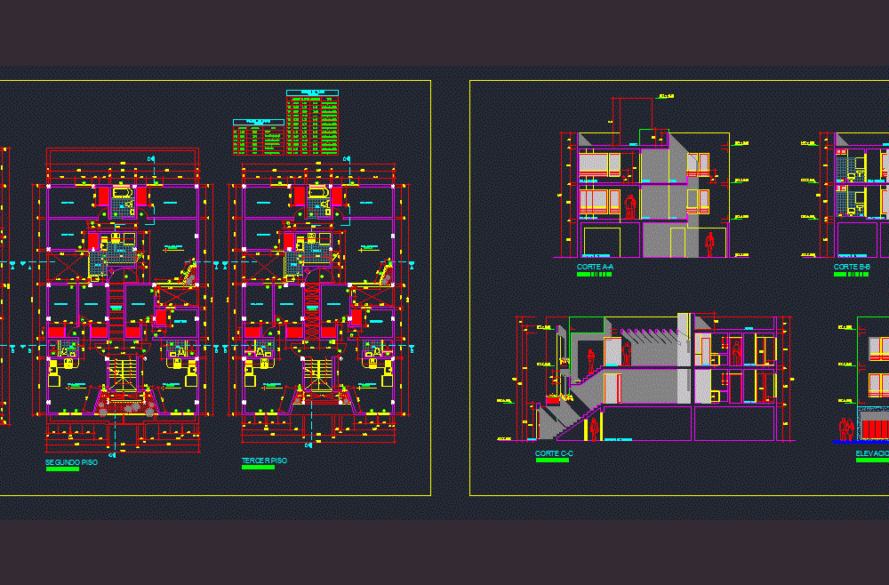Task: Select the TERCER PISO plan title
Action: (x=264, y=461)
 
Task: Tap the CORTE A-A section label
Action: (x=595, y=267)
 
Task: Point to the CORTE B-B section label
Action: (x=852, y=267)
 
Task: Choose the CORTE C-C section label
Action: (x=554, y=453)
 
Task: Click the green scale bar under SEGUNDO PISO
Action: (x=62, y=469)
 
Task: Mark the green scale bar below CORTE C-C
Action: (x=552, y=461)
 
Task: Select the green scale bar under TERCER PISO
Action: (x=258, y=468)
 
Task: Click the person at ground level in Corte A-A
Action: (x=709, y=244)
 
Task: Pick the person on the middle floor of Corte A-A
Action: (x=630, y=206)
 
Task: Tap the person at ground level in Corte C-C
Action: (x=594, y=430)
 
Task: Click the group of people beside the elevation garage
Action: (x=846, y=429)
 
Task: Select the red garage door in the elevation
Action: (x=876, y=429)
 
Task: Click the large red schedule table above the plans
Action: (x=312, y=124)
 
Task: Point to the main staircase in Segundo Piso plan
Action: (x=124, y=377)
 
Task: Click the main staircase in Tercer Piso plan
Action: (x=320, y=377)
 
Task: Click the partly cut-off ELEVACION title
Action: (x=871, y=453)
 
